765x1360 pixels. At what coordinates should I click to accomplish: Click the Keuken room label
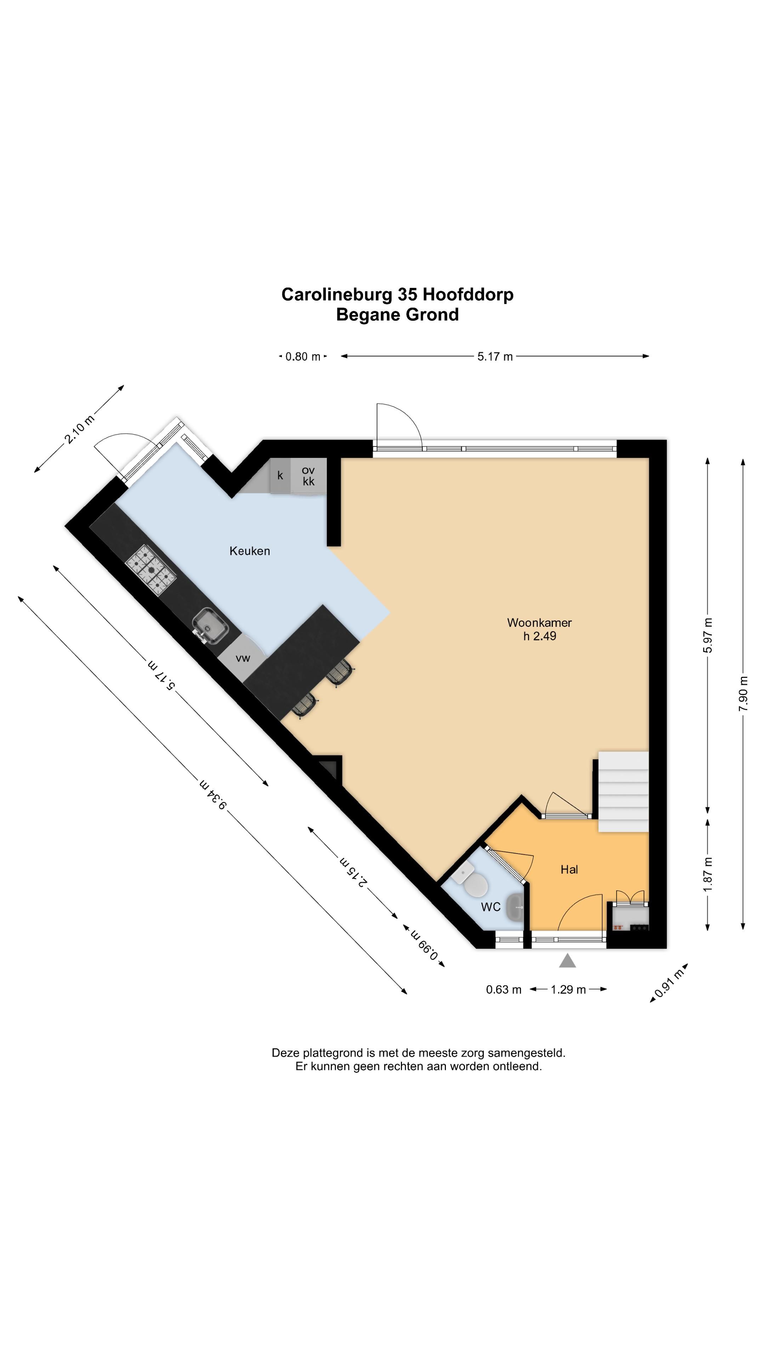(x=249, y=551)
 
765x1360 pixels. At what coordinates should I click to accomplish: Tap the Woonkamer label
(x=539, y=623)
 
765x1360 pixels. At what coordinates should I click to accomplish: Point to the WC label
(x=491, y=907)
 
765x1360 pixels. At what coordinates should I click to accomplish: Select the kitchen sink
(x=210, y=626)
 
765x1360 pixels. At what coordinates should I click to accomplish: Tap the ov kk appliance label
(x=308, y=476)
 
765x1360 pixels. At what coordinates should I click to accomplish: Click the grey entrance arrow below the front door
(x=567, y=960)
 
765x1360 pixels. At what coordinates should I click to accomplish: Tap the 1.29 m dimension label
(x=568, y=990)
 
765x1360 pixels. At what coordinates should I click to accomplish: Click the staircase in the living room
(x=623, y=792)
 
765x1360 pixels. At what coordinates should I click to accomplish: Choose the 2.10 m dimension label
(x=79, y=429)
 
